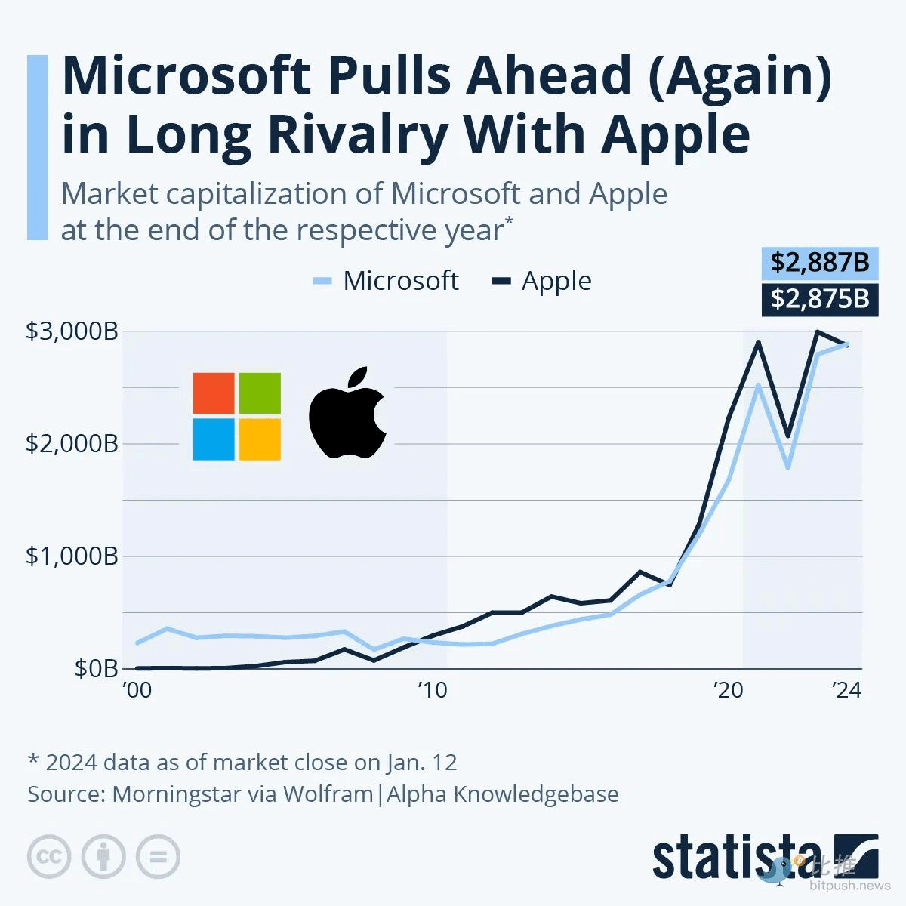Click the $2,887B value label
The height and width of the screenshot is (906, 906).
pyautogui.click(x=819, y=263)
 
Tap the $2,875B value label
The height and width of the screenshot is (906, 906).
pyautogui.click(x=819, y=299)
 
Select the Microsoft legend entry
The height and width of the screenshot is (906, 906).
pyautogui.click(x=386, y=281)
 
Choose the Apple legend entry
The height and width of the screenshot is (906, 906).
pyautogui.click(x=541, y=281)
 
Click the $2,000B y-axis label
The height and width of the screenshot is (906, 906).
pyautogui.click(x=72, y=443)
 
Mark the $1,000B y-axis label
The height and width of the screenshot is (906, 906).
pyautogui.click(x=72, y=556)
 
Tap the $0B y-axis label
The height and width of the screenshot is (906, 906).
pyautogui.click(x=96, y=668)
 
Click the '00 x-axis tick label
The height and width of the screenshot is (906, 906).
pyautogui.click(x=137, y=690)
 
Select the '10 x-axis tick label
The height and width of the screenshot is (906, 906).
pyautogui.click(x=432, y=690)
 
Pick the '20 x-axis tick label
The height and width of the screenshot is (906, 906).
pyautogui.click(x=729, y=690)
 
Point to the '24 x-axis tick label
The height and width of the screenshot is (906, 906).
pyautogui.click(x=846, y=690)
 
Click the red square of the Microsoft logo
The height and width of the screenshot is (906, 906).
pyautogui.click(x=214, y=393)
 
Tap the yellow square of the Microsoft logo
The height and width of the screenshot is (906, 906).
pyautogui.click(x=260, y=439)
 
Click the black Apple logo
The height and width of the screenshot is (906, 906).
pyautogui.click(x=347, y=414)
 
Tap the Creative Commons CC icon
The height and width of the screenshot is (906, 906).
pyautogui.click(x=49, y=856)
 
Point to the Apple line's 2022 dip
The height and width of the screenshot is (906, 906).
pyautogui.click(x=787, y=436)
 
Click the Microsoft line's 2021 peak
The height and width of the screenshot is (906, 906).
pyautogui.click(x=758, y=385)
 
